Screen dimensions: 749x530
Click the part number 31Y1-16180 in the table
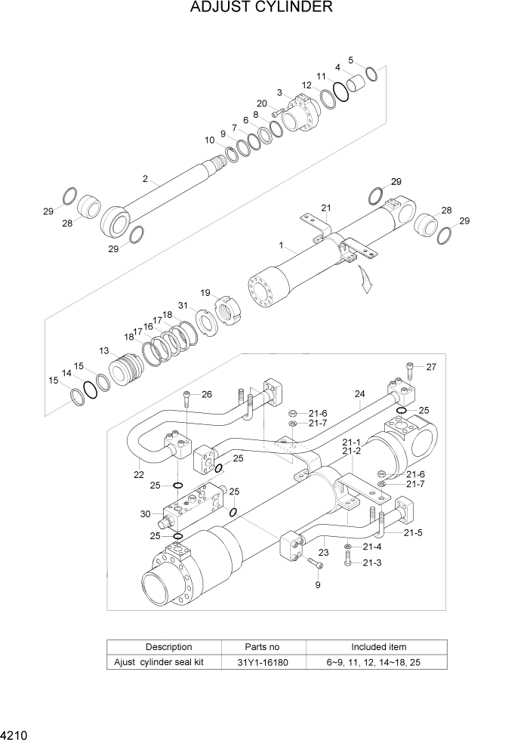click(263, 662)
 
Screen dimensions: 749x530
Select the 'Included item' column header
click(378, 647)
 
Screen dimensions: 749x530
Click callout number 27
click(431, 367)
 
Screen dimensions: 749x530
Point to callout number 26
click(206, 394)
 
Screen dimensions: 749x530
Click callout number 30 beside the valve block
click(146, 513)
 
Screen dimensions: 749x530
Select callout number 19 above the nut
click(205, 292)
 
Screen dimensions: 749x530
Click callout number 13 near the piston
click(103, 350)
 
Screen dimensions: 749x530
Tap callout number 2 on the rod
click(144, 179)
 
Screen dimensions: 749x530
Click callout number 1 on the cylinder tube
click(281, 245)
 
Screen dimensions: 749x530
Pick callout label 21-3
click(371, 563)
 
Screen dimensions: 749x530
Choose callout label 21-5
click(413, 533)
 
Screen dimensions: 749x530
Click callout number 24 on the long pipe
click(359, 393)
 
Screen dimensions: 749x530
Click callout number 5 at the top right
click(351, 60)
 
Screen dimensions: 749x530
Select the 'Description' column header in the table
click(168, 647)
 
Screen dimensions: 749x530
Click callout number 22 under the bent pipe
click(138, 475)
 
